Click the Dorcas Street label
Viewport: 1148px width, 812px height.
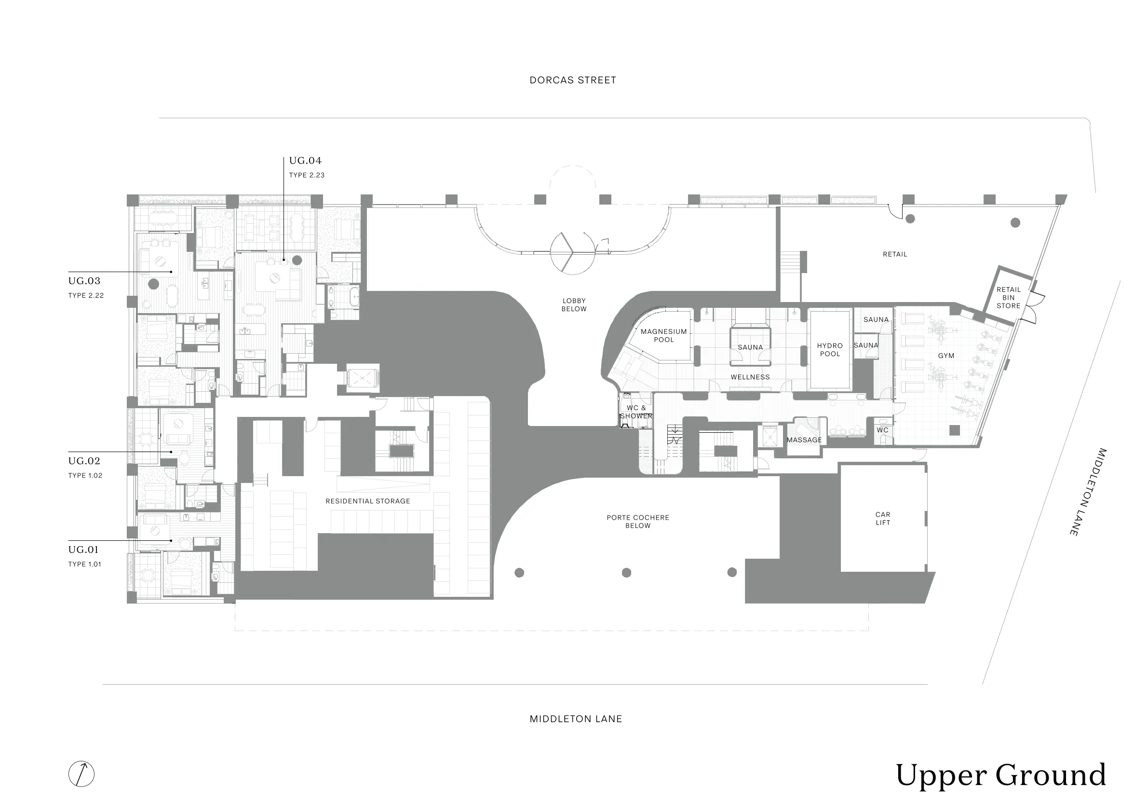[572, 80]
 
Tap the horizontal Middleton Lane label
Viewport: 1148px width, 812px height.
[576, 719]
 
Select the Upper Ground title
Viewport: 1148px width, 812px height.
[1000, 775]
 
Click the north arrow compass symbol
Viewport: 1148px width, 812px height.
[81, 773]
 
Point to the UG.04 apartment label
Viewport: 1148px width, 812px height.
[305, 161]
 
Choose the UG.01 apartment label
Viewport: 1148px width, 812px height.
[83, 550]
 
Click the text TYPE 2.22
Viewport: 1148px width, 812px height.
[86, 295]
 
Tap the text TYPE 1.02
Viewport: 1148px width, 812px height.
[85, 475]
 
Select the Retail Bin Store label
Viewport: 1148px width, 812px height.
[1009, 298]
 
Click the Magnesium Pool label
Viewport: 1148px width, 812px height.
[664, 336]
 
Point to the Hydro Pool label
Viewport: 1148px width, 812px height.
[830, 350]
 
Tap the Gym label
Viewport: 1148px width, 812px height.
[946, 356]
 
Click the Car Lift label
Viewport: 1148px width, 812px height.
[883, 518]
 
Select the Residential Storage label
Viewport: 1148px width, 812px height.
[368, 501]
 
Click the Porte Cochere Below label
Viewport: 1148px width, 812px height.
[638, 522]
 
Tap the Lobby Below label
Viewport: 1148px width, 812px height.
[574, 305]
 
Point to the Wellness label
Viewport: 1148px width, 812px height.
[751, 377]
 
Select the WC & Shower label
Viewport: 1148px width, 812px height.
[636, 412]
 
